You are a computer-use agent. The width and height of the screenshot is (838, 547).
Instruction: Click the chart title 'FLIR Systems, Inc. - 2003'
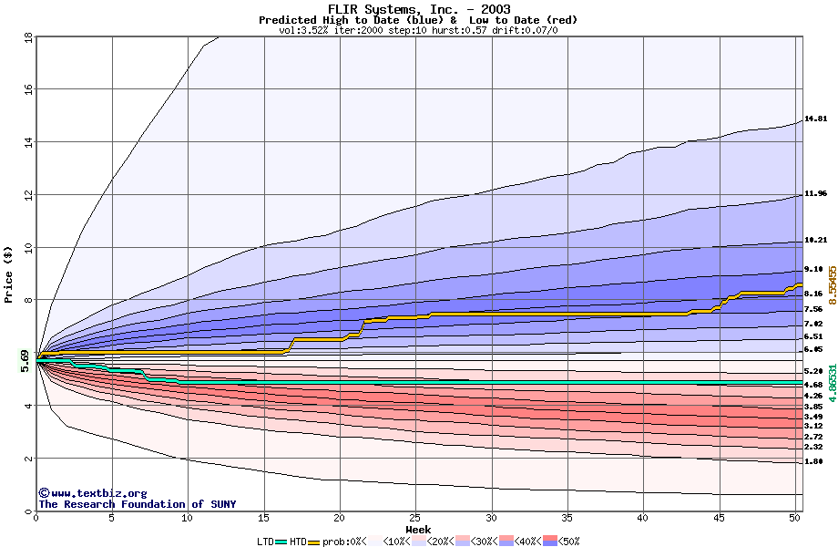(x=418, y=9)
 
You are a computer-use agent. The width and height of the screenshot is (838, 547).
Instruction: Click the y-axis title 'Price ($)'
(x=9, y=273)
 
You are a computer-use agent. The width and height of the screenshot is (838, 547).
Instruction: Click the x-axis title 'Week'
(x=418, y=530)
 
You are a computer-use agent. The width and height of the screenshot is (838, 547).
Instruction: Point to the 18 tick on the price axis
(x=27, y=37)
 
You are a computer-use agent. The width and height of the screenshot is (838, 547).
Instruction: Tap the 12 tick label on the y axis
(x=27, y=195)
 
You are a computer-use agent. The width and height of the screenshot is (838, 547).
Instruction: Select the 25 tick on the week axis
(x=415, y=518)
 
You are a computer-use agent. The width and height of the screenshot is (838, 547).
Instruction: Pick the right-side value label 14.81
(x=815, y=119)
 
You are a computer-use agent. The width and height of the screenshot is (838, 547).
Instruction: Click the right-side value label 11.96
(x=815, y=193)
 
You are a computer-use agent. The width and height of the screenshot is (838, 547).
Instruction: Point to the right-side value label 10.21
(x=815, y=240)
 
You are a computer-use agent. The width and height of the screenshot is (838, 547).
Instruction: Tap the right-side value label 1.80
(x=813, y=461)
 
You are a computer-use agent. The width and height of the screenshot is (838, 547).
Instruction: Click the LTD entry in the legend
(x=264, y=542)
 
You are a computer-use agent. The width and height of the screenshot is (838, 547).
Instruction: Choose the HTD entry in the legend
(x=298, y=542)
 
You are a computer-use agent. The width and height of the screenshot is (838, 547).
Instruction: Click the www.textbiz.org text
(x=92, y=493)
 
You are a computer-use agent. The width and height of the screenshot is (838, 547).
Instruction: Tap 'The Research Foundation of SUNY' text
(x=137, y=504)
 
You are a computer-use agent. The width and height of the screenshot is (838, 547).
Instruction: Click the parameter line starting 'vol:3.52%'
(x=418, y=30)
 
